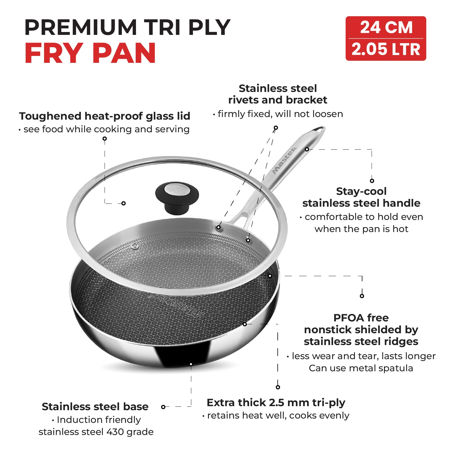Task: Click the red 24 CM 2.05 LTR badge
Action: (386, 38)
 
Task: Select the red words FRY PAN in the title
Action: (90, 53)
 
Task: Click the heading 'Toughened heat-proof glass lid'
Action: (105, 116)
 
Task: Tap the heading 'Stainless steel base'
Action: (95, 406)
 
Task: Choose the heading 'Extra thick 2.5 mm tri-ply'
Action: (276, 403)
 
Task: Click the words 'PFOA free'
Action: (361, 318)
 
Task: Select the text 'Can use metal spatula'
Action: (361, 368)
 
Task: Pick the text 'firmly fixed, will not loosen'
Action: (280, 114)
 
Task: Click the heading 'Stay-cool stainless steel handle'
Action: (361, 197)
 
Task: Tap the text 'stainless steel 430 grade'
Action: (96, 432)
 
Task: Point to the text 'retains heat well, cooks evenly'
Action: (278, 415)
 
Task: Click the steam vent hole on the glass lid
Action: (135, 246)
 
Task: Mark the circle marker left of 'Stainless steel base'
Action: (163, 407)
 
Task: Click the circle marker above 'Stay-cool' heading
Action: (372, 181)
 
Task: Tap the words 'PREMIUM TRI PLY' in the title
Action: (127, 27)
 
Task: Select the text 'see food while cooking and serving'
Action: (107, 129)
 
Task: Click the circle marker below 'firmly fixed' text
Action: (276, 128)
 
